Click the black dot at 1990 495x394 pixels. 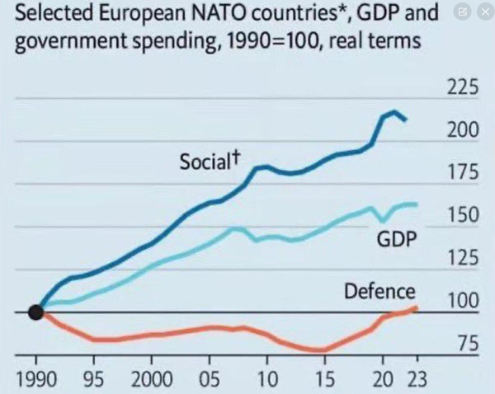coord(35,312)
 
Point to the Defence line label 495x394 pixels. coord(379,291)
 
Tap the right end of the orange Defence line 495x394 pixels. coord(416,307)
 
